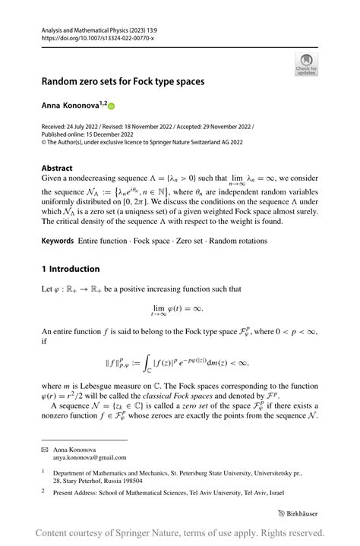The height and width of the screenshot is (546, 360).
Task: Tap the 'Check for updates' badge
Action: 306,63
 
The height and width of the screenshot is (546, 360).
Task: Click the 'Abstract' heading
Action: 57,168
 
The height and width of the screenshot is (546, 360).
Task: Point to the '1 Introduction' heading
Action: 71,268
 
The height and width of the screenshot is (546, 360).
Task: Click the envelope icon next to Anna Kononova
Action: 44,449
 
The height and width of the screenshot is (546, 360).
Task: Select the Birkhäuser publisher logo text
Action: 297,513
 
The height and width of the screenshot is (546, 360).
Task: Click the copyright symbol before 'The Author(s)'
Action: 43,141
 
